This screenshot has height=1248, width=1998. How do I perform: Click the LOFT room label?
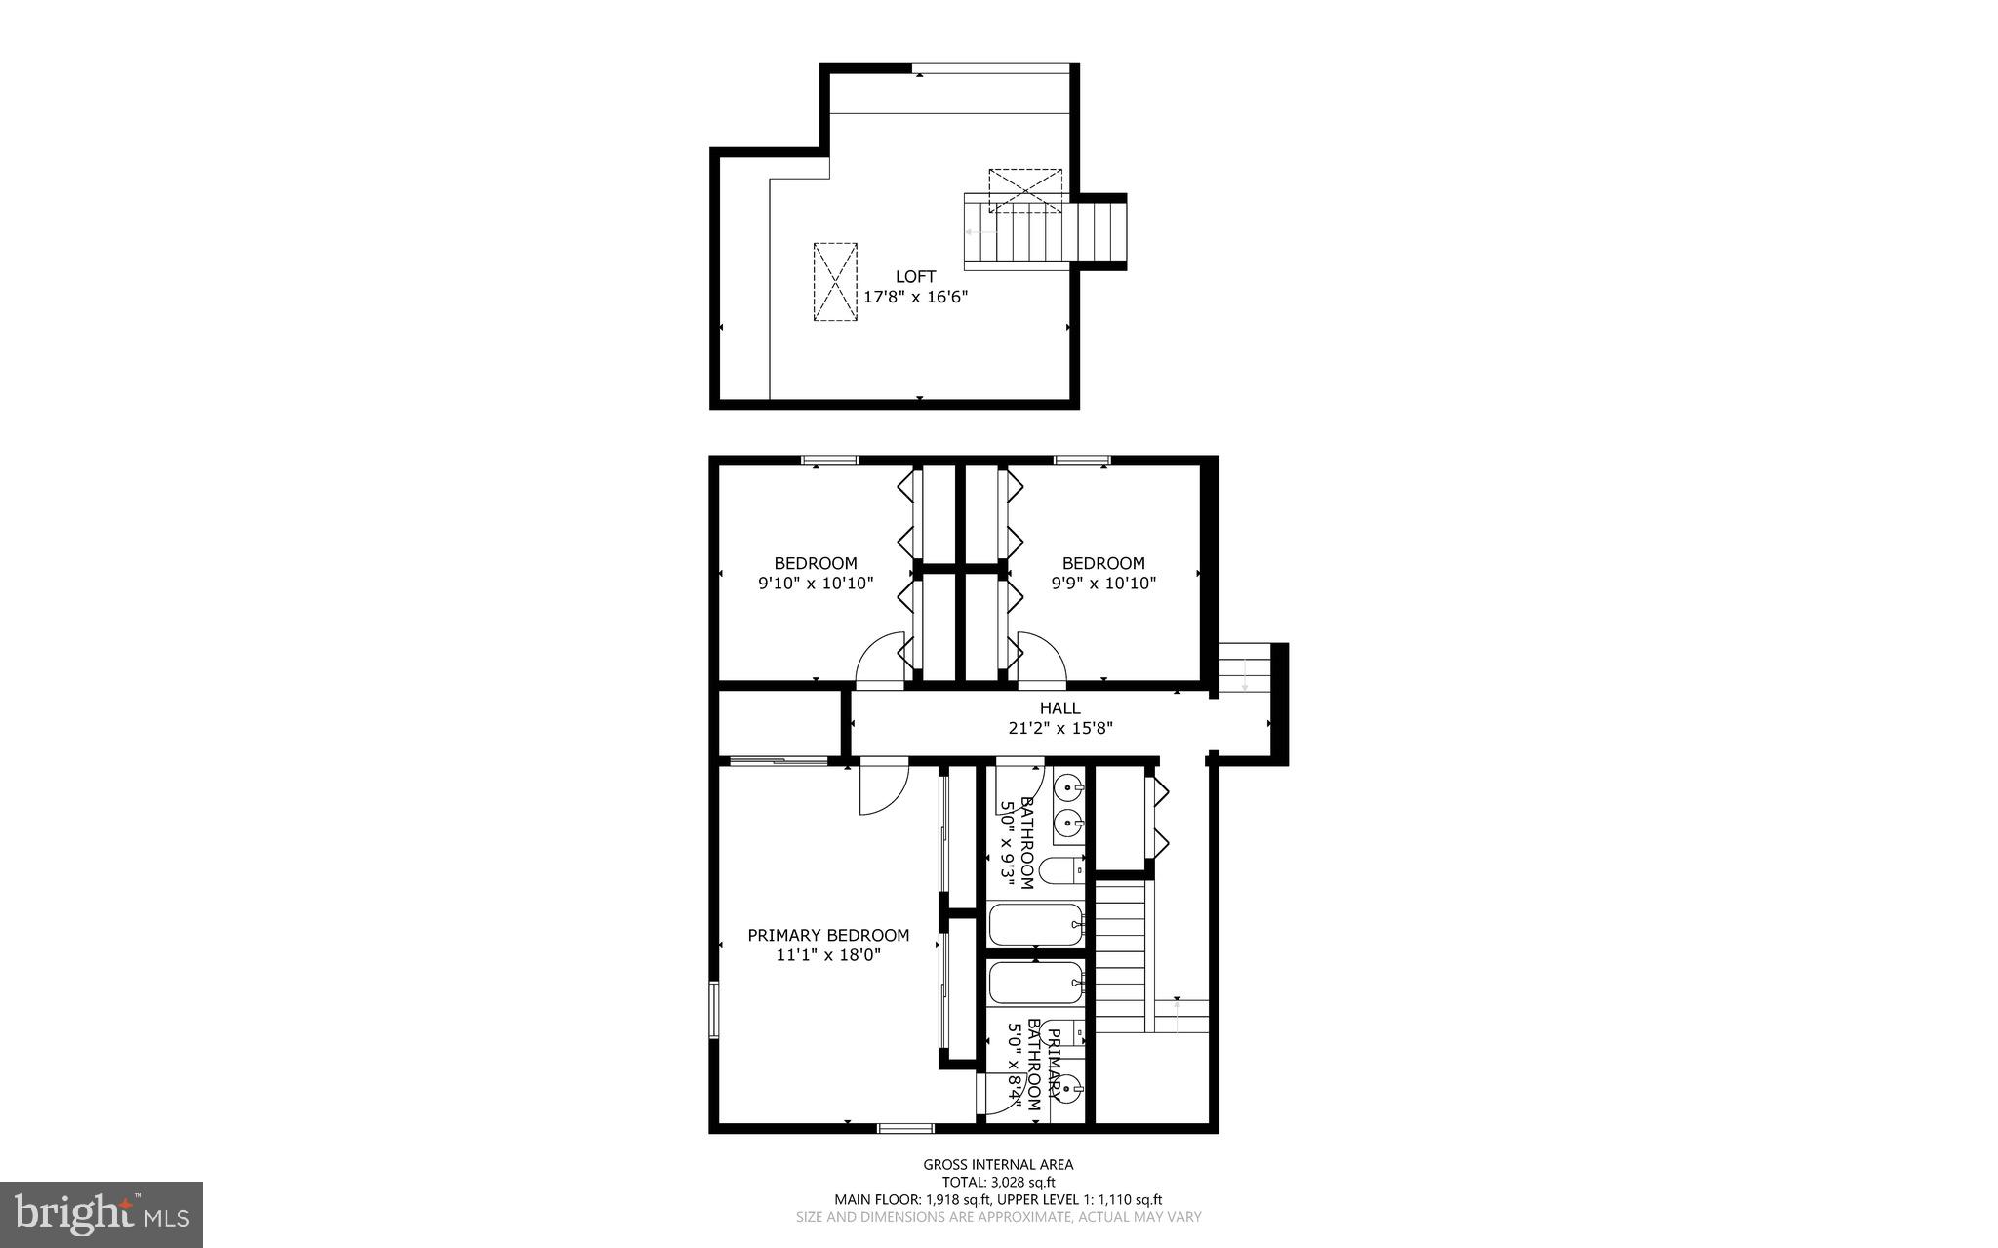[915, 277]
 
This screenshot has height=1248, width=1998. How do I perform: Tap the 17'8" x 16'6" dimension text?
[915, 297]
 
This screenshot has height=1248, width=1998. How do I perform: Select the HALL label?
[1059, 708]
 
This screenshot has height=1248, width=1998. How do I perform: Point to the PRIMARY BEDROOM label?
[828, 935]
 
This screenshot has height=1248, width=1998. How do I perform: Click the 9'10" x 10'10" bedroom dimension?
[815, 584]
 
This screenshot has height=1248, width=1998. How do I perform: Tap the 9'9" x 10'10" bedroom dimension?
[1102, 584]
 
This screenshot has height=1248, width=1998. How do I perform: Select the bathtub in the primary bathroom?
[1036, 983]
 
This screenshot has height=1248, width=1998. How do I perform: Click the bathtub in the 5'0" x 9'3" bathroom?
[1036, 924]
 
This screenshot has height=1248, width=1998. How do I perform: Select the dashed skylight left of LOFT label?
[836, 282]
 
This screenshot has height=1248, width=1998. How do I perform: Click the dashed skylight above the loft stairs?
[1024, 190]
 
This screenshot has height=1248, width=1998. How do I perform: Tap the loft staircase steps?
[1044, 232]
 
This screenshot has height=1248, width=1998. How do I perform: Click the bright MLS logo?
[101, 1214]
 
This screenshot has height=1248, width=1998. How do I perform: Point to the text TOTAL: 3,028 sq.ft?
[998, 1182]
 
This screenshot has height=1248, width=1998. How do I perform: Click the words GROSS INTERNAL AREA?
[998, 1164]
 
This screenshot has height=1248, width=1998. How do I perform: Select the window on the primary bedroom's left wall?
[713, 1010]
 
